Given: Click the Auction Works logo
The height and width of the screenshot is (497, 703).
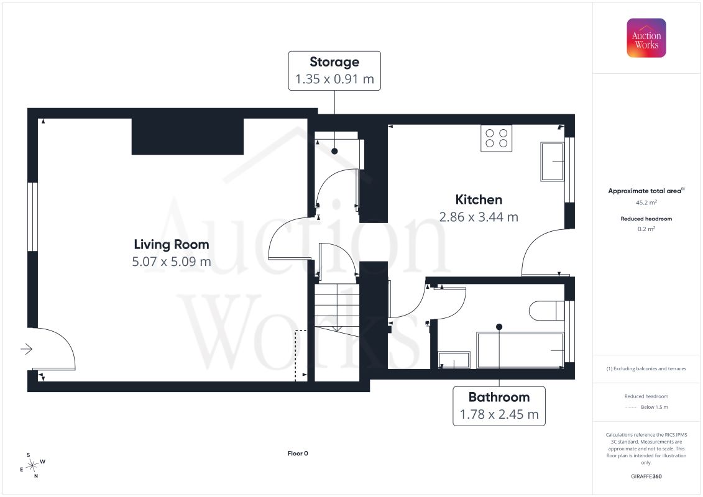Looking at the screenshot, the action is pyautogui.click(x=646, y=38).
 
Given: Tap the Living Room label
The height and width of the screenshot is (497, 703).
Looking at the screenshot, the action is pyautogui.click(x=172, y=244).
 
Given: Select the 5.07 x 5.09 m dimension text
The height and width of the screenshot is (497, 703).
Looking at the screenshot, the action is pyautogui.click(x=172, y=262).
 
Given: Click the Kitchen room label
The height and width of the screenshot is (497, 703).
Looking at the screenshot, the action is pyautogui.click(x=479, y=199).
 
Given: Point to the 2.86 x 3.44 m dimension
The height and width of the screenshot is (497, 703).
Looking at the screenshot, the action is pyautogui.click(x=479, y=217).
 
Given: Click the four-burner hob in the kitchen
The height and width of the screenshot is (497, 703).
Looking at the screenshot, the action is pyautogui.click(x=496, y=139).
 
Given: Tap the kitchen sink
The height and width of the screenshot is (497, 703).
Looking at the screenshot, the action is pyautogui.click(x=553, y=162).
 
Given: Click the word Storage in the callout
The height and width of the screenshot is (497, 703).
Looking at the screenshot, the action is pyautogui.click(x=334, y=62).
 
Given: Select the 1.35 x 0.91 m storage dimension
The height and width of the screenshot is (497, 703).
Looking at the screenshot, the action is pyautogui.click(x=334, y=79).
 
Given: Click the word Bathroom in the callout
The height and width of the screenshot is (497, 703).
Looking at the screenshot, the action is pyautogui.click(x=499, y=397).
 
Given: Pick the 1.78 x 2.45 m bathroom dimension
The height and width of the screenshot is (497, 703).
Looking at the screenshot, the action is pyautogui.click(x=499, y=414).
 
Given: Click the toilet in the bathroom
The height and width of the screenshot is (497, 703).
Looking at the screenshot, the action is pyautogui.click(x=546, y=311).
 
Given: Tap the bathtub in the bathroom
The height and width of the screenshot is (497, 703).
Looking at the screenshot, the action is pyautogui.click(x=520, y=350).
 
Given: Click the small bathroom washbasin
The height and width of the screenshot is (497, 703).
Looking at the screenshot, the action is pyautogui.click(x=454, y=360).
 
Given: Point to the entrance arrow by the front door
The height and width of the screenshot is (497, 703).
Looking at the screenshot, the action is pyautogui.click(x=27, y=349).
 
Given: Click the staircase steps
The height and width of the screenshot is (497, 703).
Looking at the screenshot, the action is pyautogui.click(x=337, y=310).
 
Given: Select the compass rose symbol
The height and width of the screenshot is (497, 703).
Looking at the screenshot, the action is pyautogui.click(x=32, y=466).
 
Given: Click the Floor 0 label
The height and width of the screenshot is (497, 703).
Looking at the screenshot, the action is pyautogui.click(x=298, y=453).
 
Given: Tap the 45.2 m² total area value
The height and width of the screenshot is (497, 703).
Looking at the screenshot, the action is pyautogui.click(x=646, y=203).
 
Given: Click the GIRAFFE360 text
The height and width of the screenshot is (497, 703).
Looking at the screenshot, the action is pyautogui.click(x=646, y=476).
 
